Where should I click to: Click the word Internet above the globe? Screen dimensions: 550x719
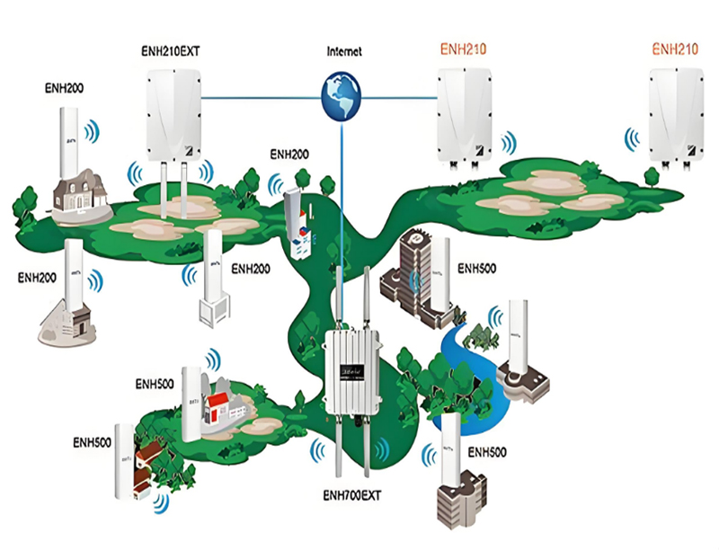pyautogui.click(x=343, y=51)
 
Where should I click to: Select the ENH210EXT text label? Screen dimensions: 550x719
pyautogui.click(x=171, y=52)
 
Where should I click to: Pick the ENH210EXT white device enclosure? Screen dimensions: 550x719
pyautogui.click(x=173, y=114)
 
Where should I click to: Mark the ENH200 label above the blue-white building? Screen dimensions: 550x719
pyautogui.click(x=289, y=155)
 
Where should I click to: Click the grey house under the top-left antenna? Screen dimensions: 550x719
pyautogui.click(x=78, y=192)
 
